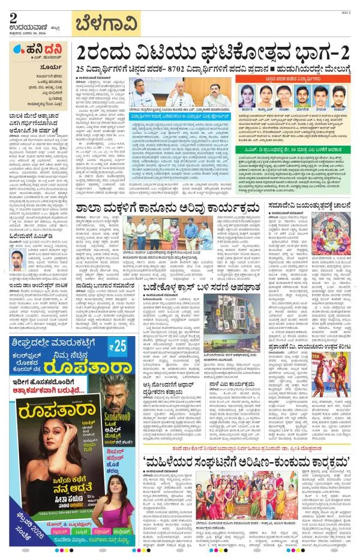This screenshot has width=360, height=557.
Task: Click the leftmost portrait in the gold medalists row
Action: pos(247,95)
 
